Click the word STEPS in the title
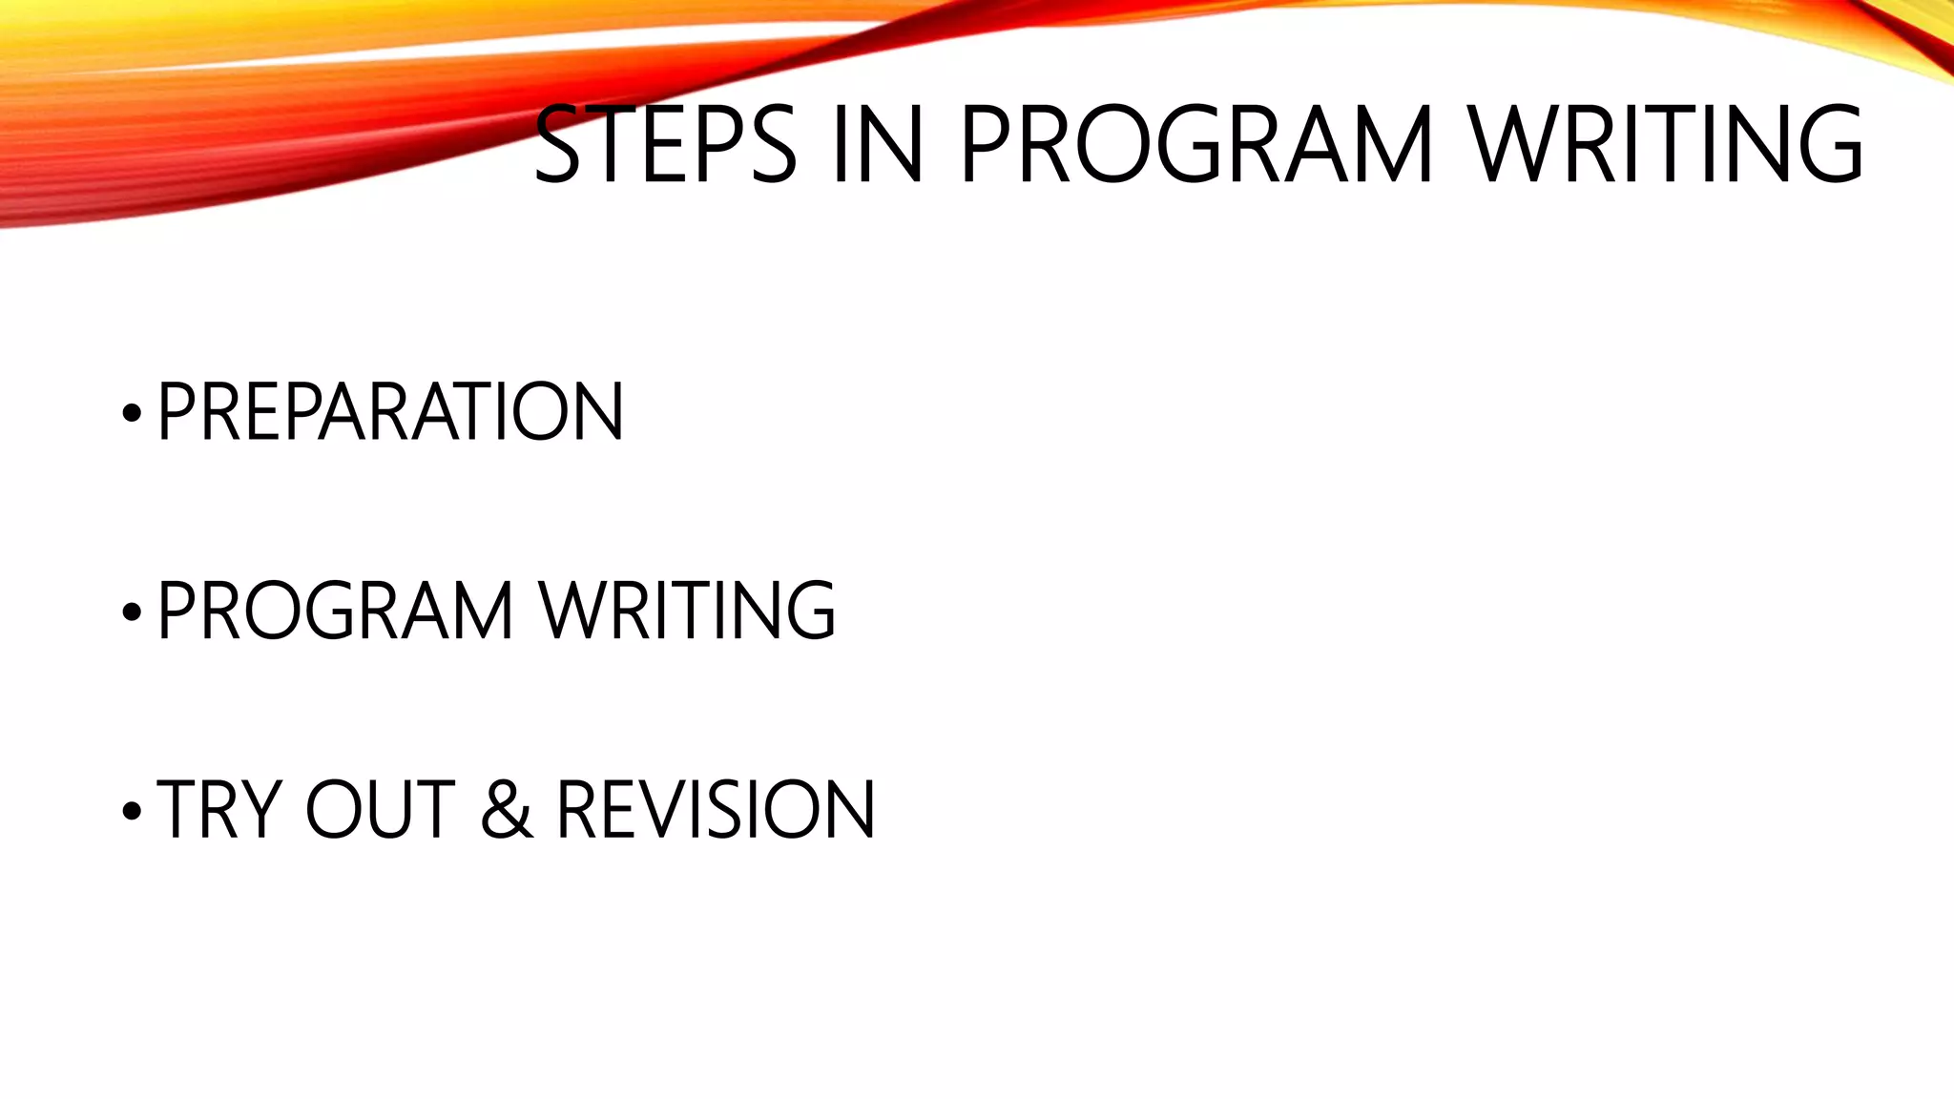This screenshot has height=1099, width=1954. click(664, 145)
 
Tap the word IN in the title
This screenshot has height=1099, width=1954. click(877, 145)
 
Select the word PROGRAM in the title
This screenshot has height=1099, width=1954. click(1196, 145)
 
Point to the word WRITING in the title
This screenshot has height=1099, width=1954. click(1666, 145)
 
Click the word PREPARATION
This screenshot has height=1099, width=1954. click(390, 411)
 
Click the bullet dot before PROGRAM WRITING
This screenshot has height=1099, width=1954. click(132, 612)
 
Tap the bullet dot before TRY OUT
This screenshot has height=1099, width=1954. click(132, 811)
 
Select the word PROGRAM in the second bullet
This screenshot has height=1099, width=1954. click(335, 611)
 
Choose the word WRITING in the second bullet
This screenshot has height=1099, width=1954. click(687, 611)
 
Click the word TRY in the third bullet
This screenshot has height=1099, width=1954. click(212, 810)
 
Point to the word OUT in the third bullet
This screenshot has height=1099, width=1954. click(380, 810)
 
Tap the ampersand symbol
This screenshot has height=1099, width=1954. click(506, 810)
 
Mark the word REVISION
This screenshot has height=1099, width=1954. click(716, 810)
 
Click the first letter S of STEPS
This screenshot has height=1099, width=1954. click(557, 145)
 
